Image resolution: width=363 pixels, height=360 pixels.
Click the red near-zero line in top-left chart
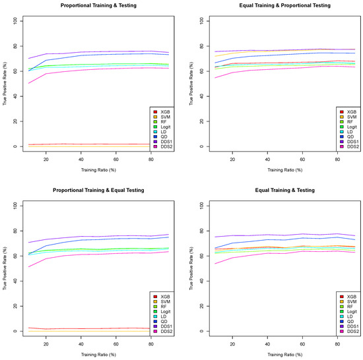click(x=79, y=144)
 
